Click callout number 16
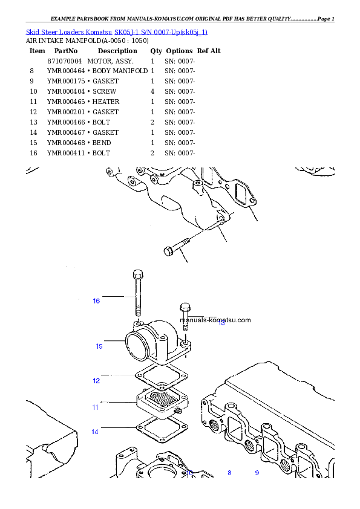(96, 301)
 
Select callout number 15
(99, 346)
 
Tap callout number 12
(96, 381)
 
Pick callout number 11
(96, 407)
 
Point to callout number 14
(95, 432)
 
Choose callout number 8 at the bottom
(229, 473)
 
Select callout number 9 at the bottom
(257, 473)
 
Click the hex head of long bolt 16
(138, 273)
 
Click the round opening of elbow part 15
(135, 348)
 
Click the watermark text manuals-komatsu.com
(215, 320)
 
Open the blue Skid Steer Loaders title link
(117, 31)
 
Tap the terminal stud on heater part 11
(178, 411)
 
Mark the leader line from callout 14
(118, 428)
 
